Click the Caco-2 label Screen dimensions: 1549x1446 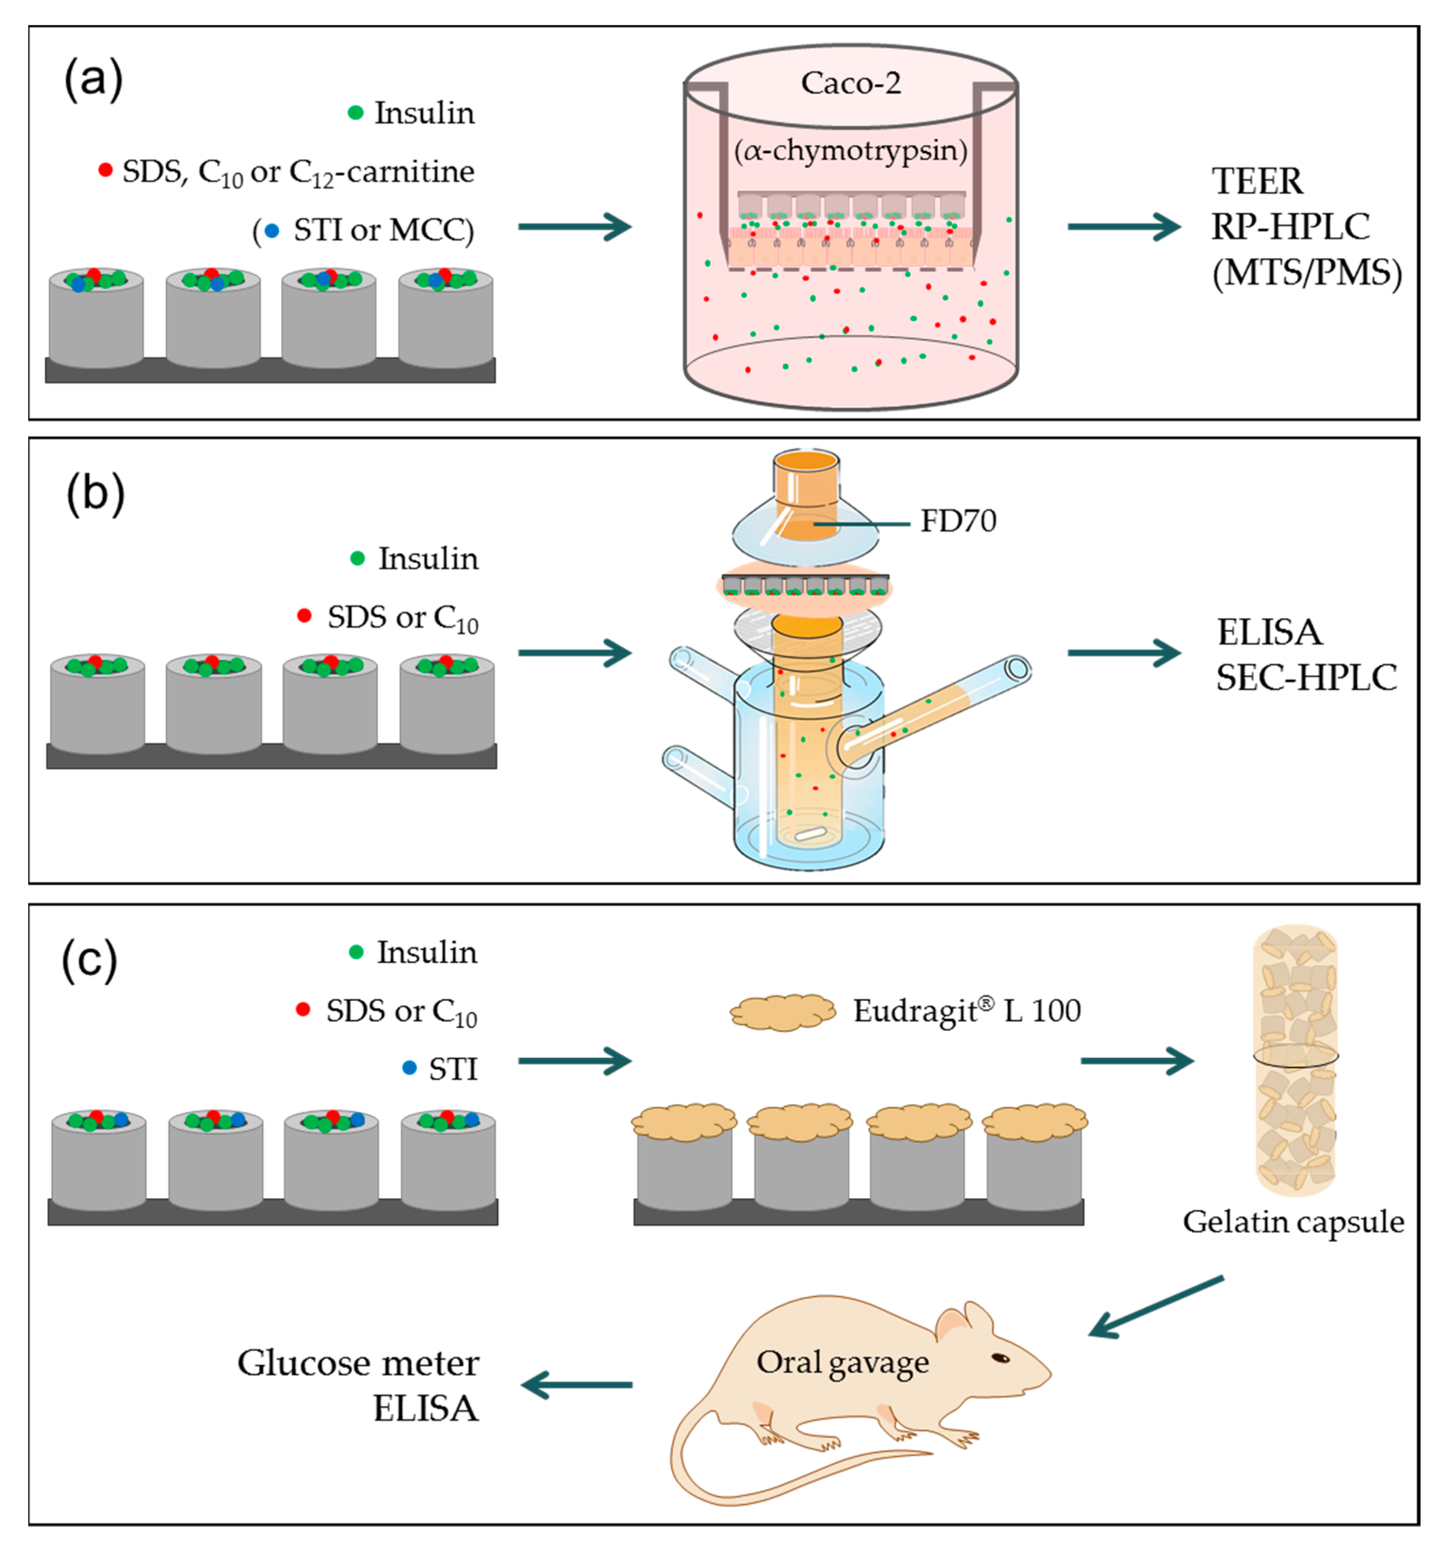point(851,83)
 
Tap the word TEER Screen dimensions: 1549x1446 point(1256,181)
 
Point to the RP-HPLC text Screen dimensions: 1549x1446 point(1290,227)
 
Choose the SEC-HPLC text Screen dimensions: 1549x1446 point(1306,678)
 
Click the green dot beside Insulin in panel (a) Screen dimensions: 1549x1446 point(355,113)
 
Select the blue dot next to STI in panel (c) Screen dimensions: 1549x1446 point(409,1068)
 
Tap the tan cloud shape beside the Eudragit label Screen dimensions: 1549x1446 point(782,1012)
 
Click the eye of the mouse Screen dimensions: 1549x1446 point(1000,1358)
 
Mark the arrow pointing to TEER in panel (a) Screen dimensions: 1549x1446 point(1124,227)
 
